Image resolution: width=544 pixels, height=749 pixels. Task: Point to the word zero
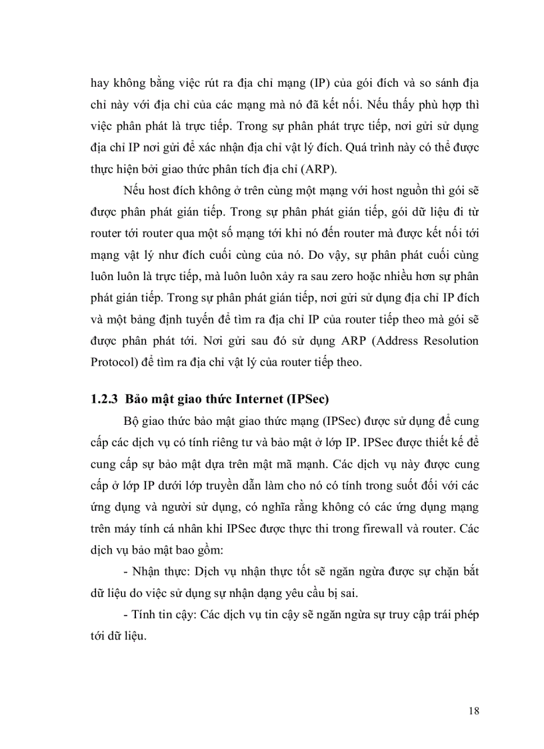click(x=310, y=274)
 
